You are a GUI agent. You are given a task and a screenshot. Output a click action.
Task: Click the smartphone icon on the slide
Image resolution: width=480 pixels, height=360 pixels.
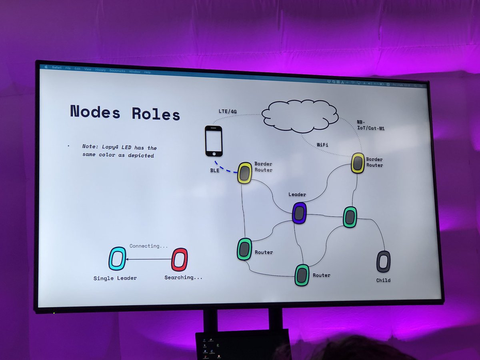214,141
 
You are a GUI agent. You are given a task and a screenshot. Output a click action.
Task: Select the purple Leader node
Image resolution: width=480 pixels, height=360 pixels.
299,213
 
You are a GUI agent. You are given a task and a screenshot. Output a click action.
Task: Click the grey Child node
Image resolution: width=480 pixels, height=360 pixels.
383,262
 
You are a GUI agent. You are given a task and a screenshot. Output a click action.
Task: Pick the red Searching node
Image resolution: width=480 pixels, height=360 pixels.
179,260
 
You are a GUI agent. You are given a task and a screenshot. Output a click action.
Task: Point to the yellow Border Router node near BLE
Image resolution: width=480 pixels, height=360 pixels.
244,173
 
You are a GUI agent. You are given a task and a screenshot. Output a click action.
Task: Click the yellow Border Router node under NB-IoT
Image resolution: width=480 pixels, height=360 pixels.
358,163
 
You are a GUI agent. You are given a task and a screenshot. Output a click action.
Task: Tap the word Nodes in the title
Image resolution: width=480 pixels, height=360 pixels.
95,112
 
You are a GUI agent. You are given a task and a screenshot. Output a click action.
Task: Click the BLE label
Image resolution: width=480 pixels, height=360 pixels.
214,171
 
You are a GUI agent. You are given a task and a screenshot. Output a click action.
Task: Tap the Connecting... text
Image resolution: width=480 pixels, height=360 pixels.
148,246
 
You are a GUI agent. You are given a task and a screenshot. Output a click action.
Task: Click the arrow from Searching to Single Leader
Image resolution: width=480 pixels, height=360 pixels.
148,259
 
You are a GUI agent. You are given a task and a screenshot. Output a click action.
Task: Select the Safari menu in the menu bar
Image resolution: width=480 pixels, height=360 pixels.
57,68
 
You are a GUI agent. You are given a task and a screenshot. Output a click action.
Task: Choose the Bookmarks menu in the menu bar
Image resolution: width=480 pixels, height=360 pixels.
117,71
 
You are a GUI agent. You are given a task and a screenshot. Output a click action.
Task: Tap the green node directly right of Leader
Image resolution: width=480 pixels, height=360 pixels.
350,217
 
